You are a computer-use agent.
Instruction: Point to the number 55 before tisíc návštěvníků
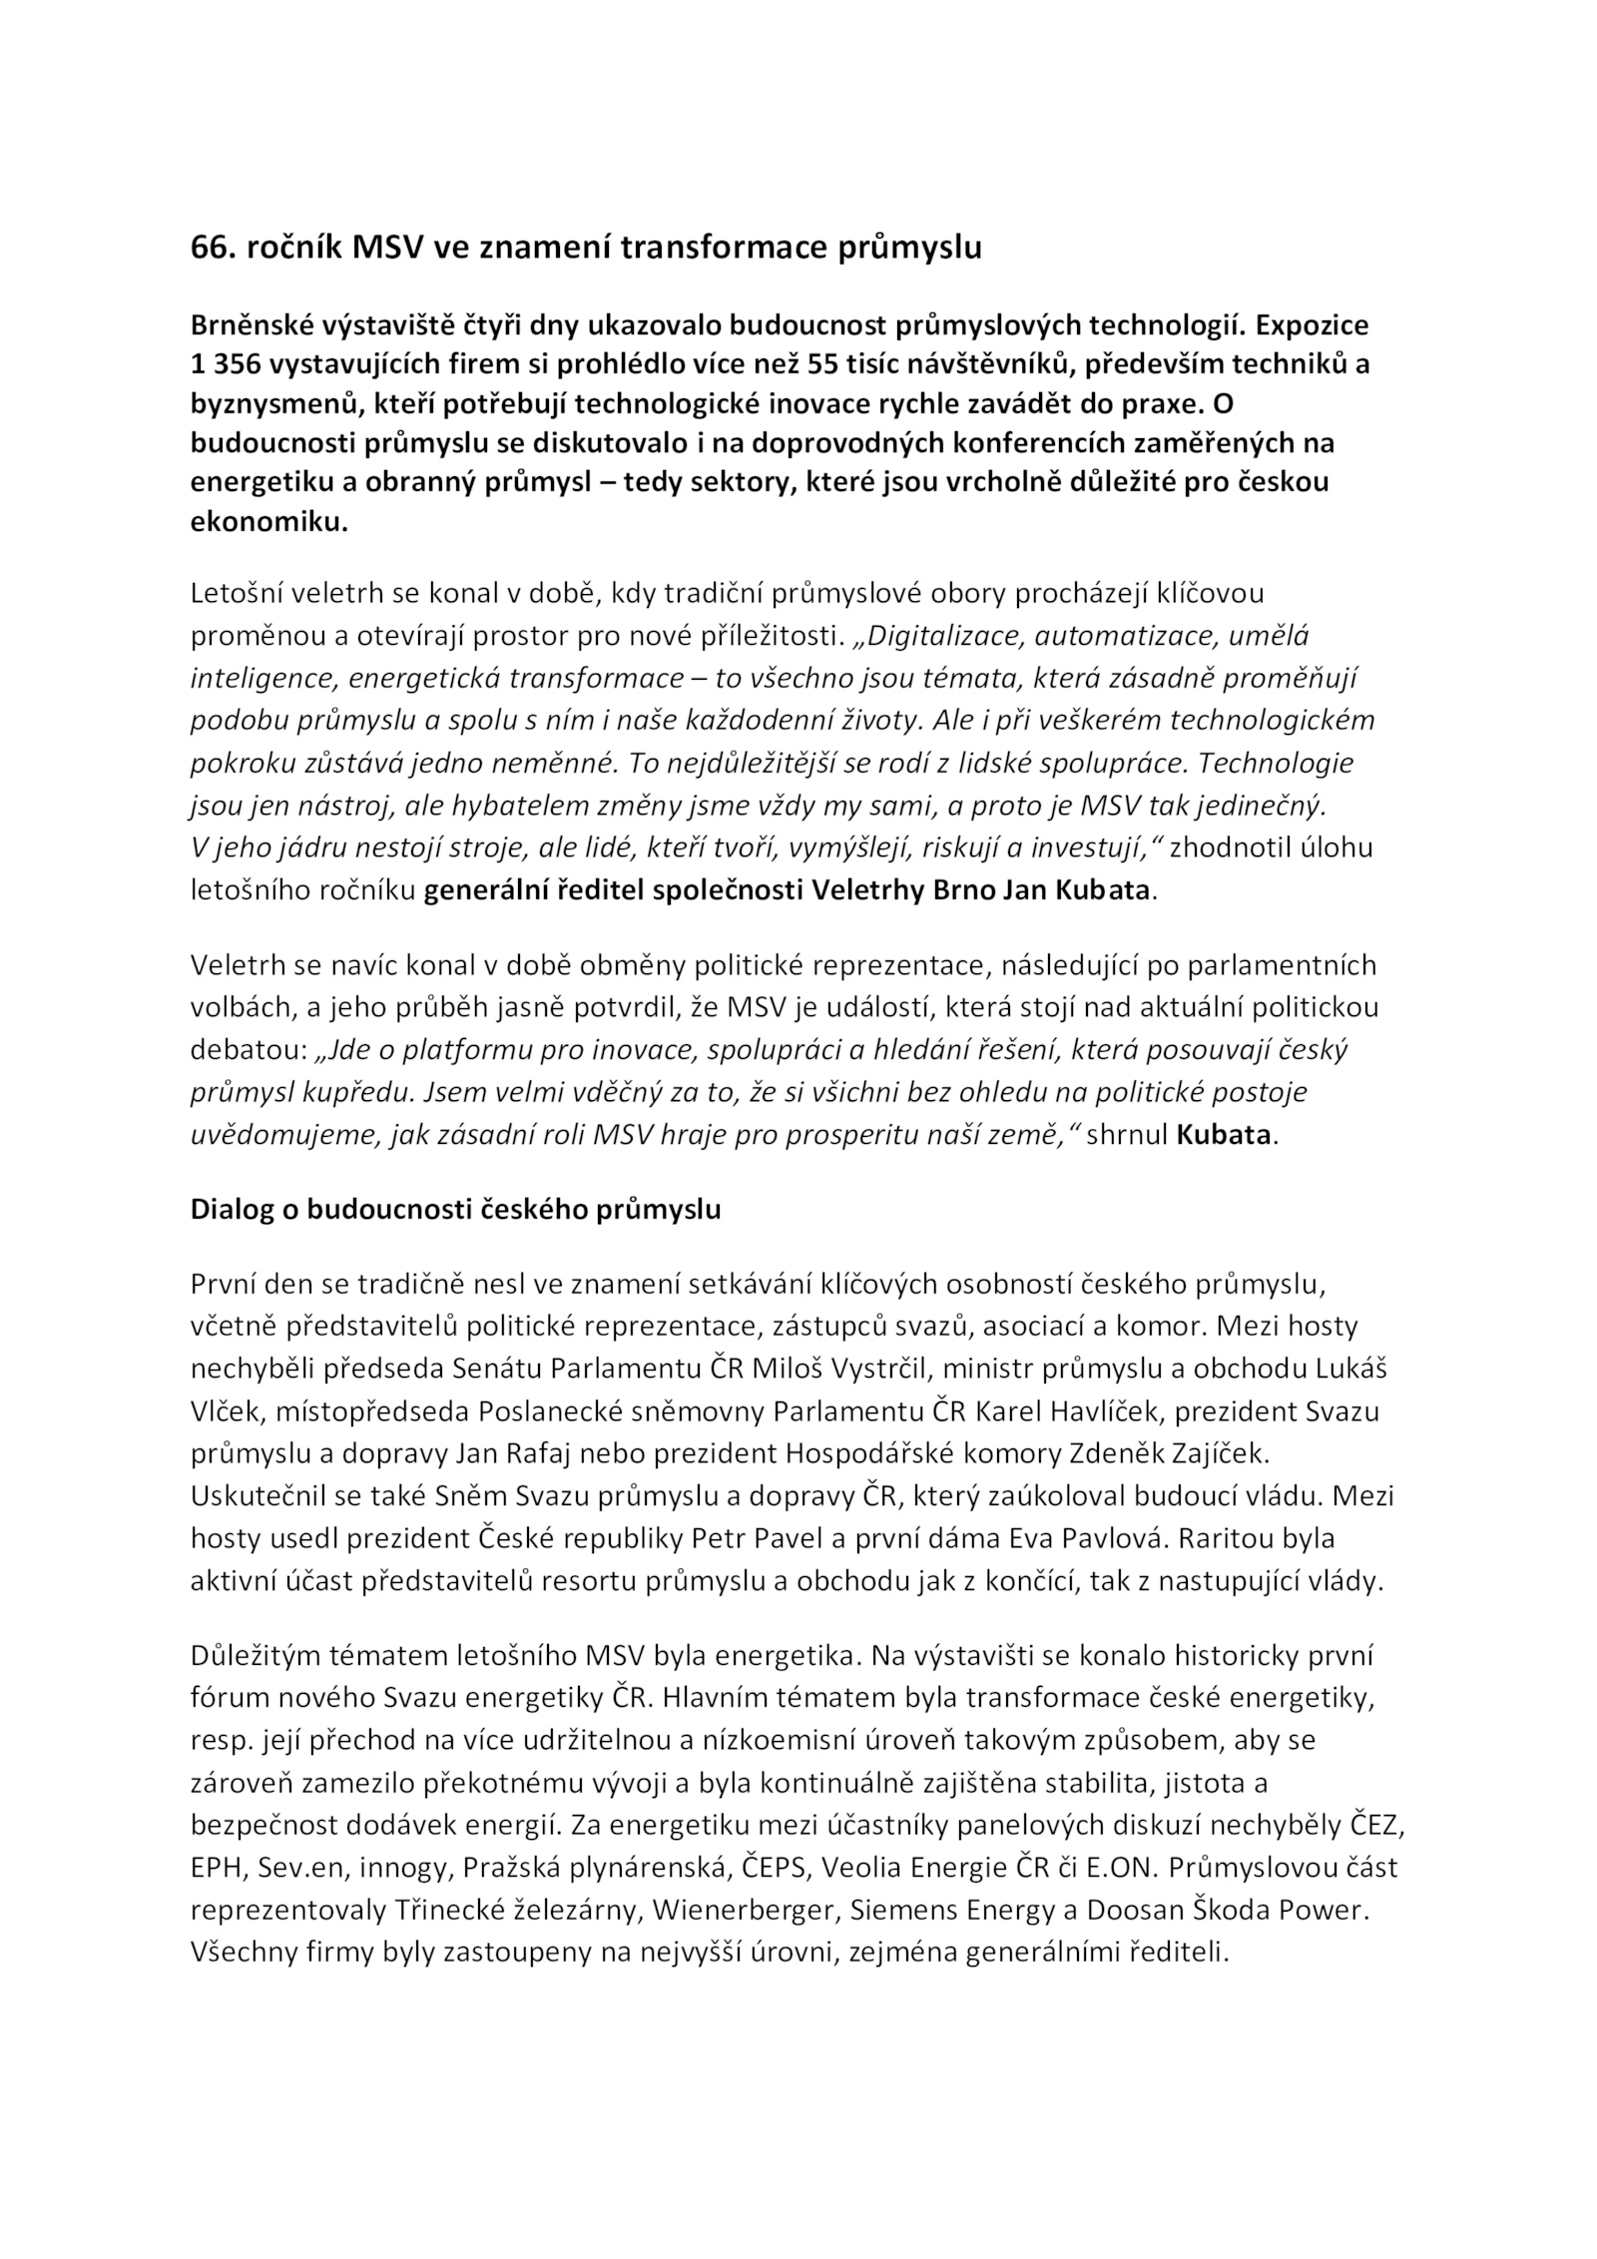824,364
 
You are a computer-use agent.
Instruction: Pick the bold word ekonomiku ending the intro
268,522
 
